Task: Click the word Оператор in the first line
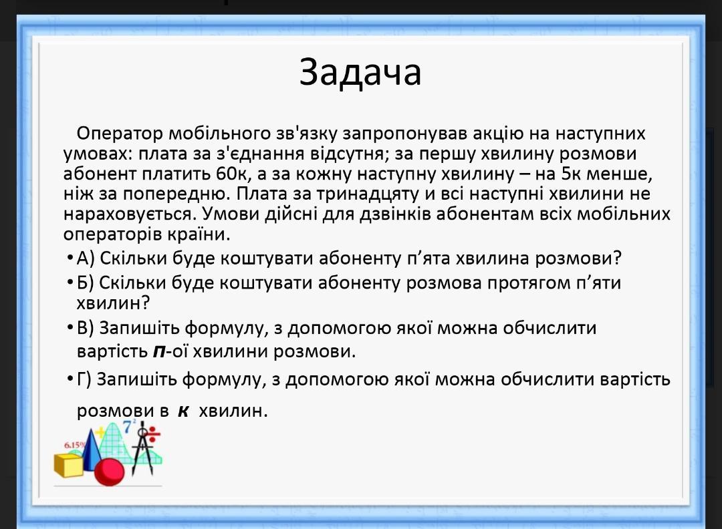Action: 119,134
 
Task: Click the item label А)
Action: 86,258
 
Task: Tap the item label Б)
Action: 85,283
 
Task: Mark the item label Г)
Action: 84,380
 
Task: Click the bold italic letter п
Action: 159,352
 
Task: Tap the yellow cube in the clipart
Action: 69,465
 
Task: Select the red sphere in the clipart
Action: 109,472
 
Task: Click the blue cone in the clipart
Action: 93,451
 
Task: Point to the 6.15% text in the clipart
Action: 75,445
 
